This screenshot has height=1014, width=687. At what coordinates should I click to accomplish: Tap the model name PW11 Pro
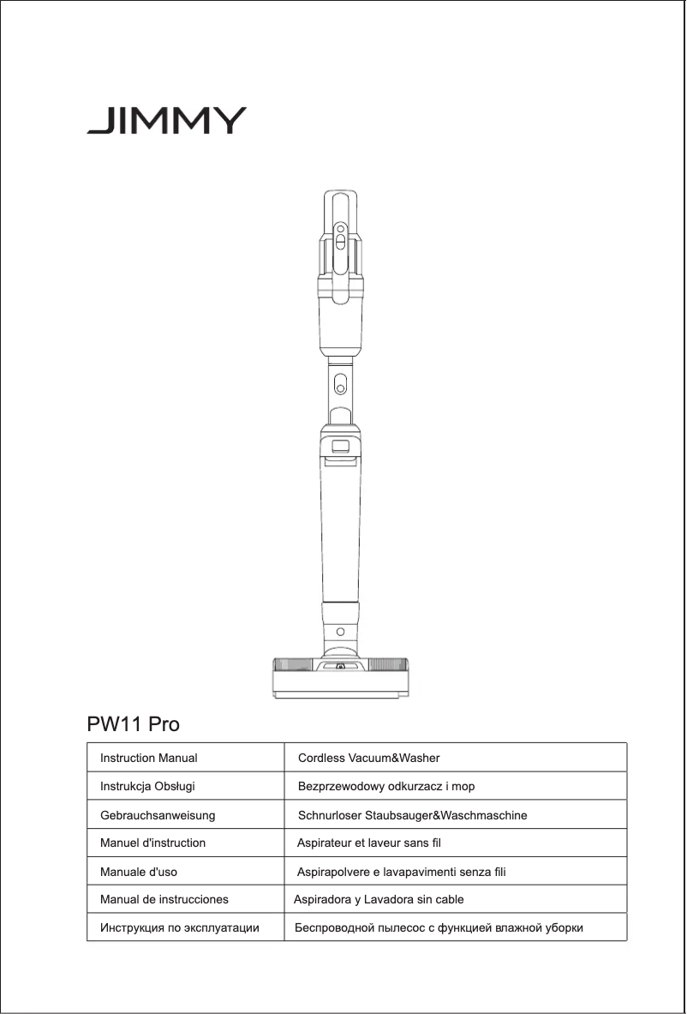[134, 724]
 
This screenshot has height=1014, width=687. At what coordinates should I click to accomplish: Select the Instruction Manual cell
[149, 759]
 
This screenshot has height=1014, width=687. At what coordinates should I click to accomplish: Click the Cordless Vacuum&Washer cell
[368, 759]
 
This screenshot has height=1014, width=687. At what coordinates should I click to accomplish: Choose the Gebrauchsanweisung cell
[158, 815]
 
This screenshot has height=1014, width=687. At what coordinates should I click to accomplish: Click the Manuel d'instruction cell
[152, 843]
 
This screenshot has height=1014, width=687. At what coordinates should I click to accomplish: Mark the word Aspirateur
[324, 843]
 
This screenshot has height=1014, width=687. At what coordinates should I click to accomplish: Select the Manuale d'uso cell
[139, 872]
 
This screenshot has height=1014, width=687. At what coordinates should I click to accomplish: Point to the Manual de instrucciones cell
[164, 900]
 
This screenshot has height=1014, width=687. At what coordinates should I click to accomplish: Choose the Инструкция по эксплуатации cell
[180, 928]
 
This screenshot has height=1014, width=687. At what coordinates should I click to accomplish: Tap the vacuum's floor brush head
[340, 677]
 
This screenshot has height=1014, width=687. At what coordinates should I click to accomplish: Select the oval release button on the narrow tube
[340, 382]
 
